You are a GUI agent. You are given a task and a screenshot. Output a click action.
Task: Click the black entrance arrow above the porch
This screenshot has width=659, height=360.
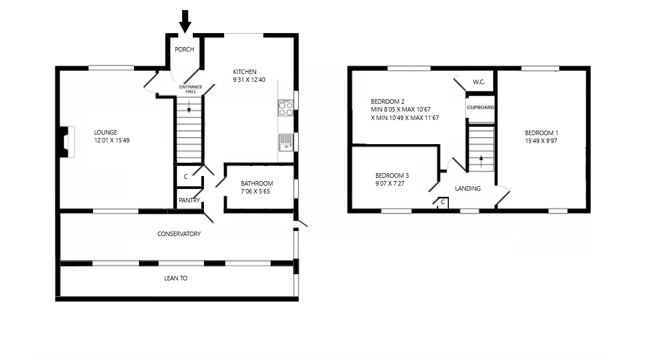click(x=185, y=21)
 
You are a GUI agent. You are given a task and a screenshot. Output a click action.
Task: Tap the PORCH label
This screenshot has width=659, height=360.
click(x=184, y=49)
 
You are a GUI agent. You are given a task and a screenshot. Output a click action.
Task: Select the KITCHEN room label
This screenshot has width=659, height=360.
click(x=244, y=72)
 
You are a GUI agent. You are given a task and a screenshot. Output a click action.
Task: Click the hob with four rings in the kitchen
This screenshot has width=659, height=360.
click(x=286, y=108)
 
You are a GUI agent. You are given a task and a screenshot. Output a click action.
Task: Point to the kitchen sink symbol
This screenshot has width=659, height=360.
click(x=286, y=142)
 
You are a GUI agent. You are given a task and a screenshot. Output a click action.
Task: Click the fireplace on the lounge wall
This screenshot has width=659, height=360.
click(x=66, y=142)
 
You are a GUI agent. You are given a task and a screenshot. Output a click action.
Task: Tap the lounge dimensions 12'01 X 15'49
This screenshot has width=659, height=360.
click(x=112, y=140)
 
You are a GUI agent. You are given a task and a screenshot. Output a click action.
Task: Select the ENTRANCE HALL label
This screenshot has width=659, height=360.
click(x=191, y=89)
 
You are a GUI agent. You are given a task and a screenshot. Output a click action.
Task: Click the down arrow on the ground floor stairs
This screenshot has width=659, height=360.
click(x=189, y=107)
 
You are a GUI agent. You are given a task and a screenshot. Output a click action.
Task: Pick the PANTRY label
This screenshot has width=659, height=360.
click(x=189, y=200)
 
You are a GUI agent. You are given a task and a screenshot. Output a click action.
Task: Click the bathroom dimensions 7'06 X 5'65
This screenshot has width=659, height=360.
click(x=255, y=191)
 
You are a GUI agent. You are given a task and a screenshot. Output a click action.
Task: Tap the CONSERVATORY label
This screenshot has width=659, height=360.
click(x=179, y=234)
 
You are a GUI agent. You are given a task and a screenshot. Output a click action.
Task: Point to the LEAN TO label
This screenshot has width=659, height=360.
click(x=176, y=278)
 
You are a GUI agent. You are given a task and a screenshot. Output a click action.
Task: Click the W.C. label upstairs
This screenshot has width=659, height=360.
click(x=479, y=82)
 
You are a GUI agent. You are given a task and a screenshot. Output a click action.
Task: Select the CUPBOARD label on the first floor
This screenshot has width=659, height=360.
click(x=480, y=107)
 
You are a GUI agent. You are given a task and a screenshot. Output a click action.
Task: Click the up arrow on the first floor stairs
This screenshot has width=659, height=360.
click(x=481, y=162)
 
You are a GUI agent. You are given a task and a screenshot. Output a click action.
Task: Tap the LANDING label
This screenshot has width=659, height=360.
click(x=468, y=188)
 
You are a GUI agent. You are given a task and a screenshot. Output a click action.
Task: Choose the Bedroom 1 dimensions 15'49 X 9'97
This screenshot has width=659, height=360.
click(x=541, y=141)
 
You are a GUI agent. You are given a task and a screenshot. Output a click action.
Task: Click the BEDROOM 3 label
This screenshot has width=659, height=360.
click(x=392, y=176)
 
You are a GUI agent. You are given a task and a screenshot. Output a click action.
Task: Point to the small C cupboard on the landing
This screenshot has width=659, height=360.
click(x=443, y=203)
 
